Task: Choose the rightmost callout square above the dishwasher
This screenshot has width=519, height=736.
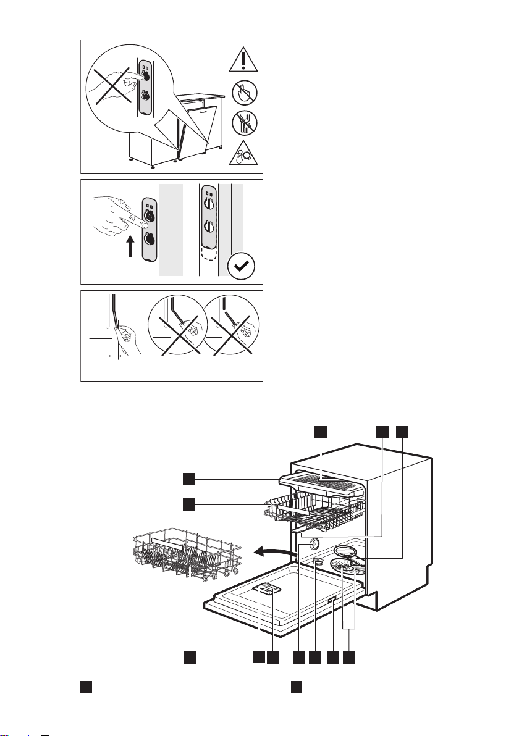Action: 402,432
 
